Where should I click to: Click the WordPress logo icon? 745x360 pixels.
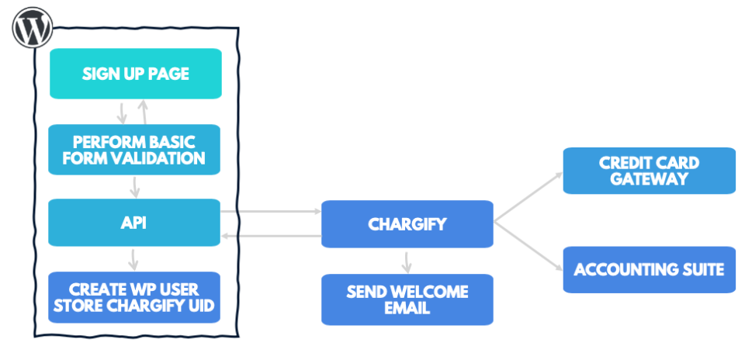point(33,29)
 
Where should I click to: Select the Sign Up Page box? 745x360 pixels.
point(136,74)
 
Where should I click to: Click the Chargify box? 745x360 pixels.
point(407,224)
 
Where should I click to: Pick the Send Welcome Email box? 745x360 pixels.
point(407,299)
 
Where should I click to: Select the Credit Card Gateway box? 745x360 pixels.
point(649,171)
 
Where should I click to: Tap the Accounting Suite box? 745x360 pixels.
point(649,269)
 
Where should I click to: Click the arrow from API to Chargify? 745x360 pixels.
point(271,211)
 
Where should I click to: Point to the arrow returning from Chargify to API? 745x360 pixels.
point(271,236)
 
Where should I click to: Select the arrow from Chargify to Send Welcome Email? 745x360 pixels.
point(407,261)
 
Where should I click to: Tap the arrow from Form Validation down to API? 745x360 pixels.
point(135,187)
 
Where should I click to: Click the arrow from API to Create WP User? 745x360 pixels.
point(135,260)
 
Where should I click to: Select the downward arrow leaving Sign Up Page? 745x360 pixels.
point(122,112)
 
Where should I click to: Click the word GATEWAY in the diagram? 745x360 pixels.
point(649,179)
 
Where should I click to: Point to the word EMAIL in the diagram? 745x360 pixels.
point(407,308)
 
